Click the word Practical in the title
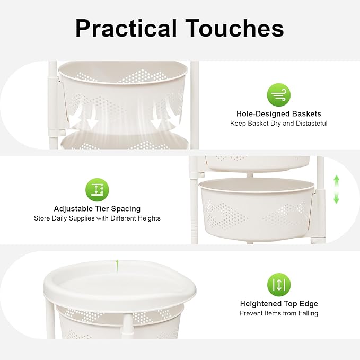point(126,29)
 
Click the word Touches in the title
point(234,28)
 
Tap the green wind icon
point(279,95)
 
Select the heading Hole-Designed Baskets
point(279,113)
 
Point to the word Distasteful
point(312,124)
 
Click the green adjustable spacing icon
point(97,190)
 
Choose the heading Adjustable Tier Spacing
point(97,209)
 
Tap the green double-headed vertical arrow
point(336,189)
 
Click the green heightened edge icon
point(279,285)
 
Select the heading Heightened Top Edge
point(279,304)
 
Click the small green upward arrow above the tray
point(117,266)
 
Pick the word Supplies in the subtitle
point(82,218)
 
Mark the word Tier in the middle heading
point(102,209)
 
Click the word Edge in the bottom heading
point(309,304)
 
